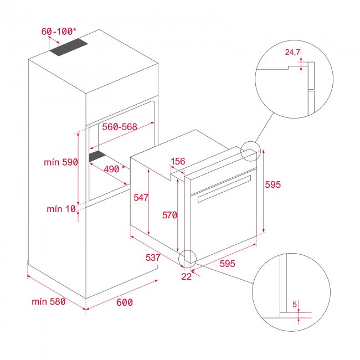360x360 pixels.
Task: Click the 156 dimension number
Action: pos(178,162)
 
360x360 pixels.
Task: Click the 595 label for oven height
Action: pos(274,185)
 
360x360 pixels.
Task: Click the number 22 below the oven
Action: pos(186,277)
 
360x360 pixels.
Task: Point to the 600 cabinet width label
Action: pos(125,302)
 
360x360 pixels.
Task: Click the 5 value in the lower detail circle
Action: pos(295,304)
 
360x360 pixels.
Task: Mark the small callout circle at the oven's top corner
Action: pos(249,151)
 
